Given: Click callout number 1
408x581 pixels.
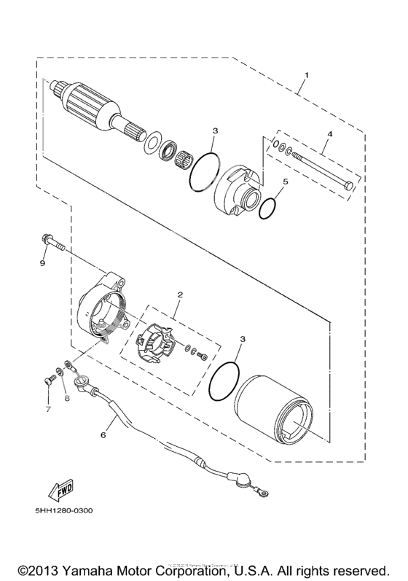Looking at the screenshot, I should tap(307, 75).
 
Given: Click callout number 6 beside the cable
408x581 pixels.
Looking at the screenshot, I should tap(103, 435).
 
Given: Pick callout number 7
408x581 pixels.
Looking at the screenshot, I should tap(49, 410).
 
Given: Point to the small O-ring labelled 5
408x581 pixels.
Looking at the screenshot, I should tap(267, 208).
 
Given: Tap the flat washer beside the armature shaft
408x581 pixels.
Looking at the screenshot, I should tap(154, 142).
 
